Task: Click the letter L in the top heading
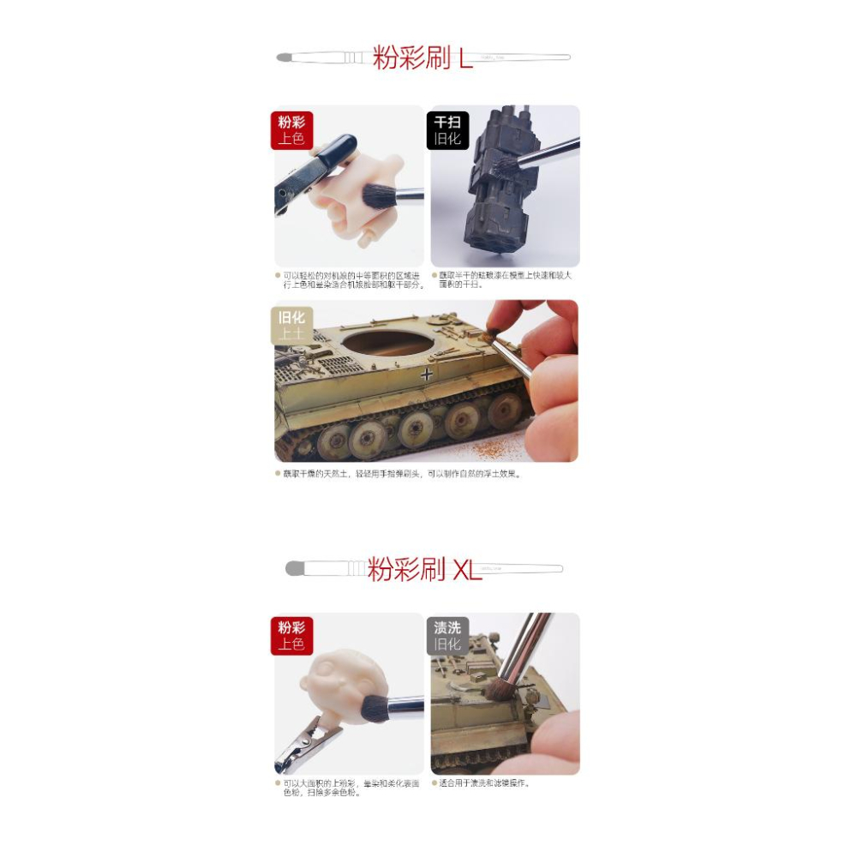click(465, 58)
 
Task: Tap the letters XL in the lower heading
click(467, 569)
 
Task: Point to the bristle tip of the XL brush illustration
click(294, 568)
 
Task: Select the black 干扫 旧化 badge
click(447, 129)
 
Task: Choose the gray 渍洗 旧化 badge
click(447, 636)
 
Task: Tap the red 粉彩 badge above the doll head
click(291, 636)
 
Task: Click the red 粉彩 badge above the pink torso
click(291, 129)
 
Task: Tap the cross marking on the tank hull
click(427, 374)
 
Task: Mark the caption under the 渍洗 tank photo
click(483, 782)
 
